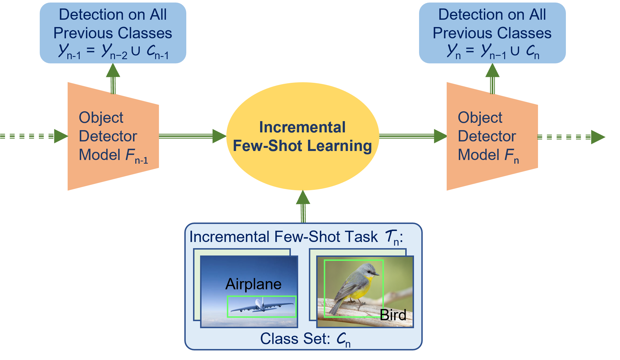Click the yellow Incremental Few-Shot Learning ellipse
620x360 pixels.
(x=303, y=136)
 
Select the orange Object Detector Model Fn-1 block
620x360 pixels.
(x=113, y=136)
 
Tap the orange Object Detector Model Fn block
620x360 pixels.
(x=492, y=136)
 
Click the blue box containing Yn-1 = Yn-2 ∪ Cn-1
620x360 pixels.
(x=113, y=33)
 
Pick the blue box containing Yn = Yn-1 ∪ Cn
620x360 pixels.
(x=492, y=33)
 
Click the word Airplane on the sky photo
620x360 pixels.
(x=253, y=284)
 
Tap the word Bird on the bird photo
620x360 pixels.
(x=393, y=315)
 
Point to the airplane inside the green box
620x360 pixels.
(x=262, y=306)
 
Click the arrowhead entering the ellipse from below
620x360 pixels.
(x=303, y=197)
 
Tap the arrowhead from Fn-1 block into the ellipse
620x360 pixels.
(x=219, y=136)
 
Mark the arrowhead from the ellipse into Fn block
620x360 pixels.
(x=440, y=136)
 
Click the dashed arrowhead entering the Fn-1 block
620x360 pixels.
(x=61, y=136)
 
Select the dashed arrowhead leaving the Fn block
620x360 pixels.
(x=598, y=137)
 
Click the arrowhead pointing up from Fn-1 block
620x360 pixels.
(x=113, y=70)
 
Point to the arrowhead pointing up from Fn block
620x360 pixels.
(x=492, y=70)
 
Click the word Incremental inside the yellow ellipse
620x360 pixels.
(x=302, y=127)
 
